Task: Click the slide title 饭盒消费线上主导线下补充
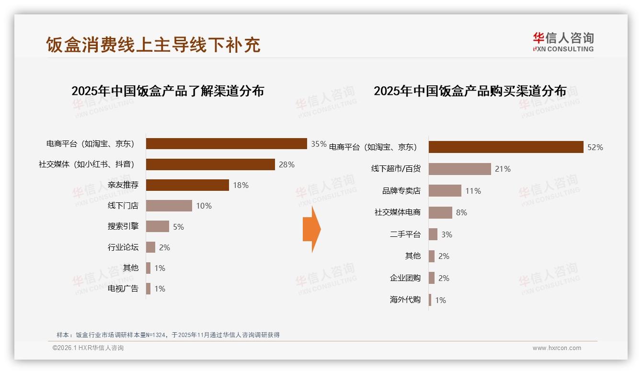(153, 45)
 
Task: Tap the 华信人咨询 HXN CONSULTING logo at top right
(563, 42)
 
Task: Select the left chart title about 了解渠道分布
(168, 91)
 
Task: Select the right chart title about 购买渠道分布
(470, 91)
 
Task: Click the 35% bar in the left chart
(226, 144)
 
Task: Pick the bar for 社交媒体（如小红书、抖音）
(210, 164)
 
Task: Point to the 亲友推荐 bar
(187, 185)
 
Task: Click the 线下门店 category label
(123, 206)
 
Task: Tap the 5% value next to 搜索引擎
(178, 227)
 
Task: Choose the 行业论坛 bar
(150, 247)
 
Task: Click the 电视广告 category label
(123, 289)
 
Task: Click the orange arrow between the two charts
(311, 229)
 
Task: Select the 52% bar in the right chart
(505, 147)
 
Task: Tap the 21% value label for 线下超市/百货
(503, 169)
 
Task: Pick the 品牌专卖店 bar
(445, 191)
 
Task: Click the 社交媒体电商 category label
(398, 212)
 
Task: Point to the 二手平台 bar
(433, 234)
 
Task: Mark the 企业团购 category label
(405, 278)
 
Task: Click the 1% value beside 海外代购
(440, 300)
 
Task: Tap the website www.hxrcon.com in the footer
(557, 348)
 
